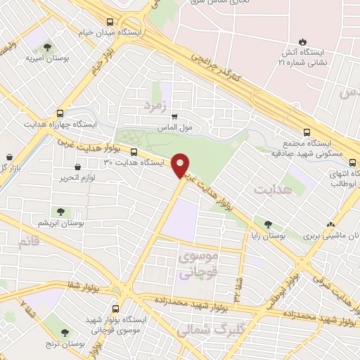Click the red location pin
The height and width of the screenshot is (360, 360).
coord(181,165)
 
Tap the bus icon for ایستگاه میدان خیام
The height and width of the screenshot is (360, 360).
coord(110,22)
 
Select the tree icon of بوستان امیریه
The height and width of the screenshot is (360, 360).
coord(47,47)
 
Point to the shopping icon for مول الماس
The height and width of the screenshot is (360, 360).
coord(174,117)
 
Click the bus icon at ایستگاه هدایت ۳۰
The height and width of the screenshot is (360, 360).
coord(134,150)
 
